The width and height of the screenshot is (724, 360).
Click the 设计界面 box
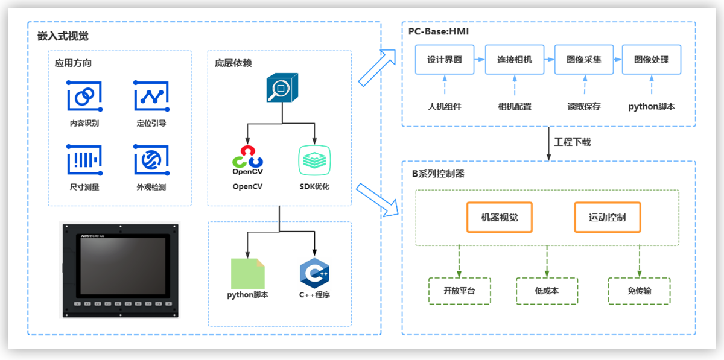tap(445, 60)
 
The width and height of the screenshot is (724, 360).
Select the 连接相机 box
tap(515, 60)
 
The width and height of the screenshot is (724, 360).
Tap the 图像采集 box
tap(583, 60)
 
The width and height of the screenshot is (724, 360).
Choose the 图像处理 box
tap(652, 60)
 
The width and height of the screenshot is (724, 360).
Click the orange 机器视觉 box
tap(500, 217)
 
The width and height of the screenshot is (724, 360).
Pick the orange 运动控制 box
tap(607, 217)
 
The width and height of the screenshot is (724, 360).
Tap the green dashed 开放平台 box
tap(459, 291)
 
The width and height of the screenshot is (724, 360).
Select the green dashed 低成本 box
tap(547, 291)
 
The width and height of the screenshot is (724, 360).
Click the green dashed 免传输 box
tap(639, 291)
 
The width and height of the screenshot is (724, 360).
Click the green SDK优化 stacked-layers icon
tap(314, 160)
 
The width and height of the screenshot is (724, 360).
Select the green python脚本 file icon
tap(247, 273)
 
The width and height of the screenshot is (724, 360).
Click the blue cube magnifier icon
tap(280, 90)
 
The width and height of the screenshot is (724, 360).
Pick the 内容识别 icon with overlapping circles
tap(84, 96)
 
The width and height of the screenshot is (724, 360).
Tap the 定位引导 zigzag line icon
tap(151, 96)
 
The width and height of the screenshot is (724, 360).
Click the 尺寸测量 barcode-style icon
tap(84, 159)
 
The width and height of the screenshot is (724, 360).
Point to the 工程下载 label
tap(573, 143)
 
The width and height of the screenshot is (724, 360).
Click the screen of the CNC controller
tap(120, 264)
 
